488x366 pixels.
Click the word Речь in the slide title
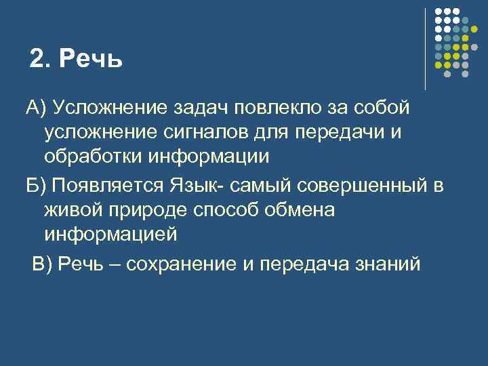(91, 59)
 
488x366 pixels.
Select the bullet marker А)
(35, 107)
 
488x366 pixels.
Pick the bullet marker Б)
(35, 184)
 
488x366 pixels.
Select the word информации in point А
(215, 157)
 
